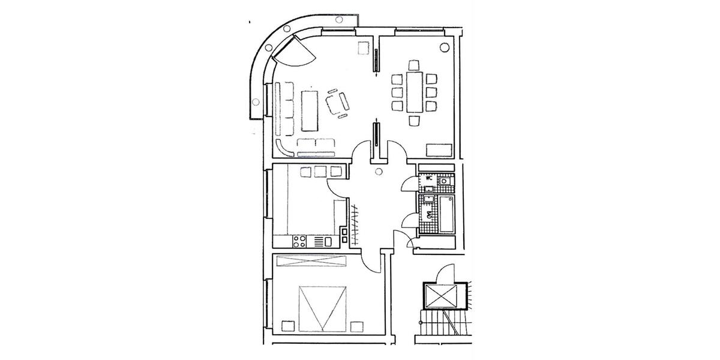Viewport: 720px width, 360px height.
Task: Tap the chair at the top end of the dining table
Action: (x=414, y=64)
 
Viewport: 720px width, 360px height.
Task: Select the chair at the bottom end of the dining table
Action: (x=414, y=121)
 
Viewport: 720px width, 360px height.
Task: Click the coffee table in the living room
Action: (x=310, y=110)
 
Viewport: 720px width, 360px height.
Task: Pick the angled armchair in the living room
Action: (x=337, y=103)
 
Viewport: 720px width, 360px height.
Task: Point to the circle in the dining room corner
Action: (x=445, y=46)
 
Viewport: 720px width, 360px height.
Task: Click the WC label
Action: (x=429, y=178)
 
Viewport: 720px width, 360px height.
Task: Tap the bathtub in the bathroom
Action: (x=446, y=215)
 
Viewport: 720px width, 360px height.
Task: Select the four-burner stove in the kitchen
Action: (x=299, y=241)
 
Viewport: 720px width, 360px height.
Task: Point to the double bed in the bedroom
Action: (x=323, y=307)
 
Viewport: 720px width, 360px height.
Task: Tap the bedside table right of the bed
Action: (x=357, y=326)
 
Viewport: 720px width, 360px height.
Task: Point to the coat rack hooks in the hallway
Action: (x=356, y=225)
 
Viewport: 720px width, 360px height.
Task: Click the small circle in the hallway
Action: (x=378, y=172)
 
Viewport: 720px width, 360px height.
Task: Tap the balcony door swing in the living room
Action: (x=298, y=53)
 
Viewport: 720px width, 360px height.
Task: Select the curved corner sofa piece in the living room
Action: (x=285, y=146)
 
